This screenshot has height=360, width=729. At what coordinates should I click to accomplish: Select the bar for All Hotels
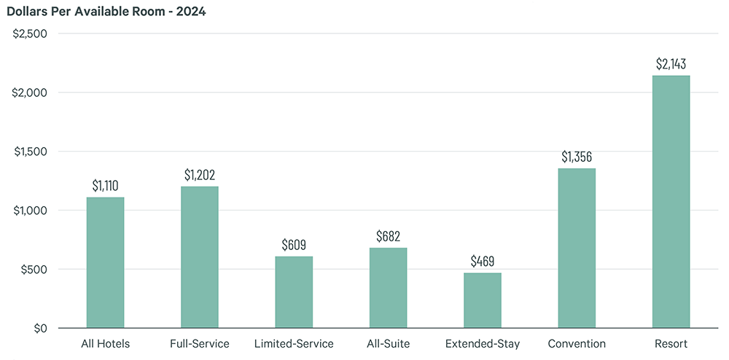point(106,262)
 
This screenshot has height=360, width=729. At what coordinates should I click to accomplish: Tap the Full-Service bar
point(200,257)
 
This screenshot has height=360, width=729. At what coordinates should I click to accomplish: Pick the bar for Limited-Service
point(294,292)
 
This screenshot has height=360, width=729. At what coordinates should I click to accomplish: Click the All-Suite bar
point(389,288)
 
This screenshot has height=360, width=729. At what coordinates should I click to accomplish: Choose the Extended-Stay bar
point(483,300)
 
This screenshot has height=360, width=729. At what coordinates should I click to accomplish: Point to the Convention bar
point(577,249)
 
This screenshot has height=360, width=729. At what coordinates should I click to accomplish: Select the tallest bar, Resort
point(671,202)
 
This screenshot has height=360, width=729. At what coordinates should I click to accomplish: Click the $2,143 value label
point(671,64)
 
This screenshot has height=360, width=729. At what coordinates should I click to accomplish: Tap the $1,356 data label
point(577,157)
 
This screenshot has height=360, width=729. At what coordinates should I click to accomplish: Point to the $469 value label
point(483,261)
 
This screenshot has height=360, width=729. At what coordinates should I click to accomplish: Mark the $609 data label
point(294,245)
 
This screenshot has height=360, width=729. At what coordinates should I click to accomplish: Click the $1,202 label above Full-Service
point(200,175)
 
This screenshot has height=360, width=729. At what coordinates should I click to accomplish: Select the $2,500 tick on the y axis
point(30,34)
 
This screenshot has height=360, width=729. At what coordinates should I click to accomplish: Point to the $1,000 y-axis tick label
point(30,211)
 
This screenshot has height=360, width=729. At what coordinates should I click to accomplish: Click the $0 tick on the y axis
point(40,328)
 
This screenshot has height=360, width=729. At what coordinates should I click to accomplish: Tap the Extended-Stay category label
point(483,344)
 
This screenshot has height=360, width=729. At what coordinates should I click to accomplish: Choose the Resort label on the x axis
point(671,344)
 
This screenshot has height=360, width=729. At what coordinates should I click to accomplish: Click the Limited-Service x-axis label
point(294,344)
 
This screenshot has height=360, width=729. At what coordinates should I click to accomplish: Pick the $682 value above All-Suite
point(389,236)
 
